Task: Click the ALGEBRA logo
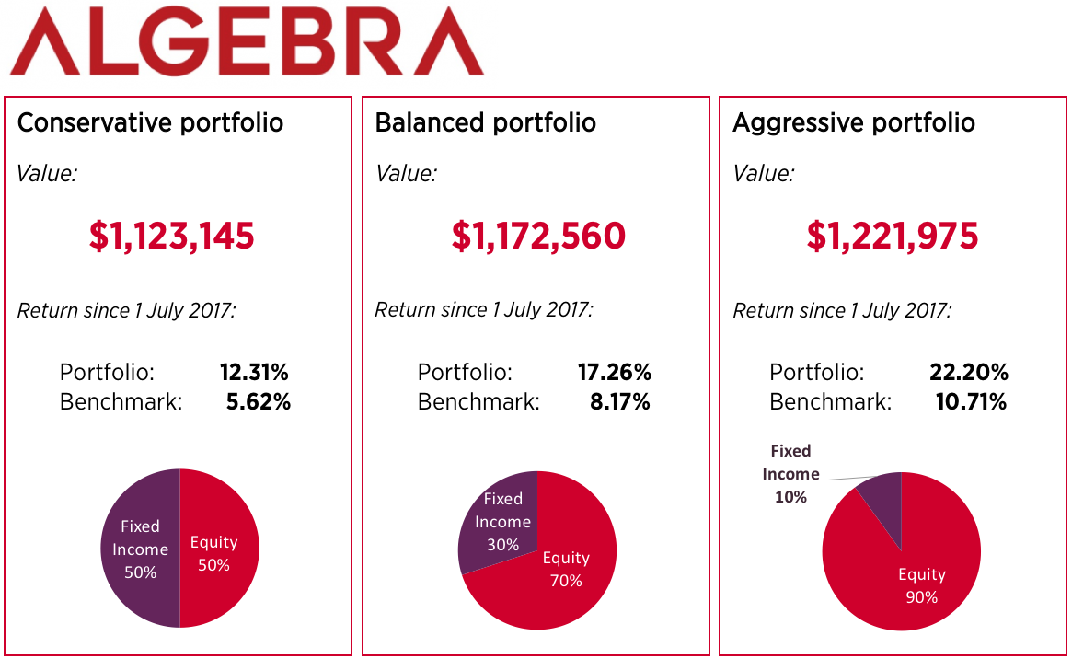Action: point(246,41)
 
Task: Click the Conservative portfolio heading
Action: point(150,122)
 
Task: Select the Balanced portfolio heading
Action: point(485,122)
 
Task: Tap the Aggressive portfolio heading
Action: point(853,122)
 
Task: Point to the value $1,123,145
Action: point(172,237)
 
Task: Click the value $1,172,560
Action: point(537,237)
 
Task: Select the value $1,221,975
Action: point(893,237)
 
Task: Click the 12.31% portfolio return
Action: point(254,373)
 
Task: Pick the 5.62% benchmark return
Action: point(258,402)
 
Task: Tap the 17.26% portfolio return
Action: point(614,373)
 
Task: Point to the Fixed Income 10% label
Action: point(790,474)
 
